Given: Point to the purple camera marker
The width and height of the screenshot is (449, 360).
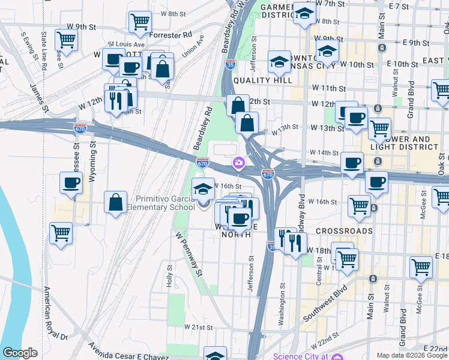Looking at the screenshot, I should pos(239,163).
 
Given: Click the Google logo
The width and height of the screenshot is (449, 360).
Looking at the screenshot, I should pos(20,353).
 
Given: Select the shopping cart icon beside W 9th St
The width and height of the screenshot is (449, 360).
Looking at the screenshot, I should pos(65,40).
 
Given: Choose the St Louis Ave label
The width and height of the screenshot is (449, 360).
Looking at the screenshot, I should pos(126,44).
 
